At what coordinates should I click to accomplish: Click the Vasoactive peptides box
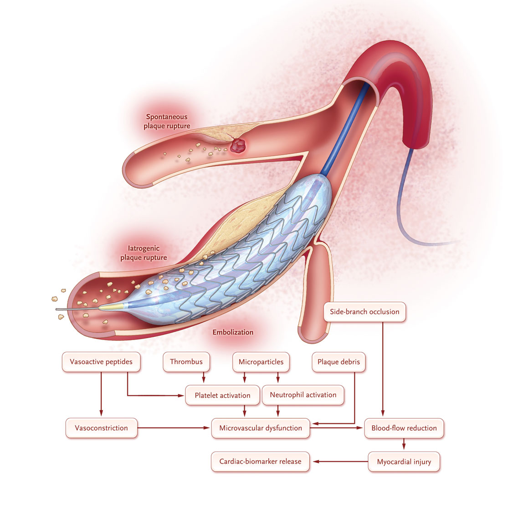[101, 362]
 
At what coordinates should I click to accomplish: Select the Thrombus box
[186, 362]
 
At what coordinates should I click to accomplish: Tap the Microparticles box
[261, 362]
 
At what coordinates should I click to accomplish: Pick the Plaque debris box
[339, 362]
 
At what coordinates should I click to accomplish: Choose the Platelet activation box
[222, 395]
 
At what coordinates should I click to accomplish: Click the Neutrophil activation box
[303, 395]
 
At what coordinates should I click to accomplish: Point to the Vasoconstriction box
[101, 428]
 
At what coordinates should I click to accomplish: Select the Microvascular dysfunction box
[261, 428]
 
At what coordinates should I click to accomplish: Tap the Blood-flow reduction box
[404, 428]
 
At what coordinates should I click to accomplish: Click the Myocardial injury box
[404, 462]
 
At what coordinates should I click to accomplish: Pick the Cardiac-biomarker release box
[260, 462]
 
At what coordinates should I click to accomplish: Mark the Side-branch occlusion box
[364, 312]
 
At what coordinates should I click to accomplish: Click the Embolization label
[233, 332]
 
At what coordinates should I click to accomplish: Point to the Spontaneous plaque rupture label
[167, 122]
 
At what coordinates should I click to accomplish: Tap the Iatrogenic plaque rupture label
[144, 253]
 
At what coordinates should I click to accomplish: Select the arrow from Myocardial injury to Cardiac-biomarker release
[340, 462]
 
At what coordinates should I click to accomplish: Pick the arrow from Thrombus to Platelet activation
[204, 377]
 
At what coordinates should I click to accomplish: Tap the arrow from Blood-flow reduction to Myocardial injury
[404, 444]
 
